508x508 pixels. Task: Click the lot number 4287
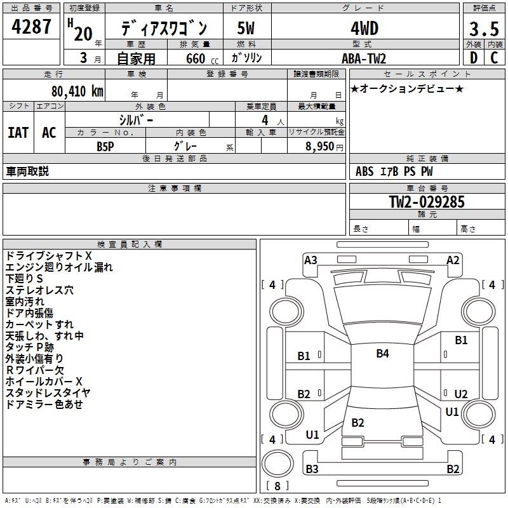pos(31,27)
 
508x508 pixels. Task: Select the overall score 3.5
pos(484,29)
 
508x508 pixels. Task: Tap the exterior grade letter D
pos(474,58)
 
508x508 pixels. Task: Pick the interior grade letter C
pos(494,58)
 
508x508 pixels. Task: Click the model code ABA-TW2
pos(364,58)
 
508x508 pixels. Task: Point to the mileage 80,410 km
pos(77,91)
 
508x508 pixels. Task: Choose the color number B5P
pos(105,147)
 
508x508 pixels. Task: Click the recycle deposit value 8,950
pos(319,147)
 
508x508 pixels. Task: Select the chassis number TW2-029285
pos(427,202)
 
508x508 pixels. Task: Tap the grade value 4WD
pos(364,29)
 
